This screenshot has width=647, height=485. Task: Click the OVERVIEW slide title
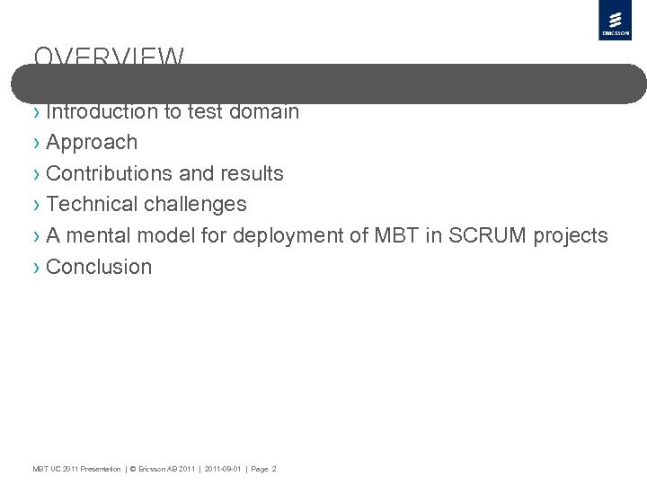109,58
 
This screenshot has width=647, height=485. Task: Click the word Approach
92,143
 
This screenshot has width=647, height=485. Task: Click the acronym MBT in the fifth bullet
392,235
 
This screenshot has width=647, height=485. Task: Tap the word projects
571,236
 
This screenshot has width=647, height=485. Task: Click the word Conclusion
99,267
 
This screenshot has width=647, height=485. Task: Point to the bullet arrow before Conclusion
36,268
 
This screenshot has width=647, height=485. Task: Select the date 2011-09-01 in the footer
223,469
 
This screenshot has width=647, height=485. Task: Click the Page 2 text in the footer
263,469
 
